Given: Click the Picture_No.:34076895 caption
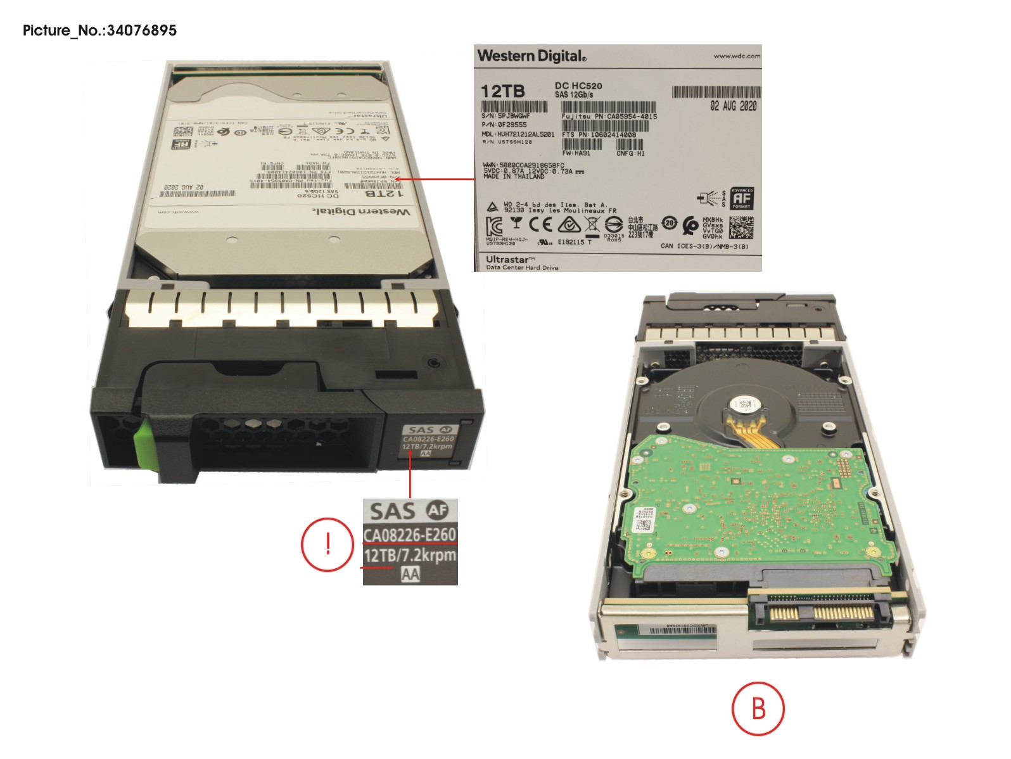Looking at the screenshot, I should tap(99, 30).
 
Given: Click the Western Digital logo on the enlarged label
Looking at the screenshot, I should tap(531, 56).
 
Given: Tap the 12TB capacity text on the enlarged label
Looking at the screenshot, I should tap(502, 91).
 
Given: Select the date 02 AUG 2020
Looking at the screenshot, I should tap(733, 106).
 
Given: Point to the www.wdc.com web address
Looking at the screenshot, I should tap(737, 56).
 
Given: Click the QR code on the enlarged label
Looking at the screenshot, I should tap(741, 227).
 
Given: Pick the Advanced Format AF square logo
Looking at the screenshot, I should tap(742, 198).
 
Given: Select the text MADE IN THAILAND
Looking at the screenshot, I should tap(514, 177).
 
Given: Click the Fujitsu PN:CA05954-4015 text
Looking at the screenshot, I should tap(609, 117).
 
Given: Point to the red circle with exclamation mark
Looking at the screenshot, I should tap(327, 543).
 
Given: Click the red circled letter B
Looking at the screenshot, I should tap(758, 708).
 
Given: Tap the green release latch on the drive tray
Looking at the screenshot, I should tap(144, 442).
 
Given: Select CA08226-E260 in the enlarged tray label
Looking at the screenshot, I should tap(409, 535).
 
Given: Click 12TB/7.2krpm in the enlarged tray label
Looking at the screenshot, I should tap(409, 556).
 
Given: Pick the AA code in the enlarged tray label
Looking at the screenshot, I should tap(410, 574).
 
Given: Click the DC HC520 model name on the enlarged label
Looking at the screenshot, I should tap(578, 86).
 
